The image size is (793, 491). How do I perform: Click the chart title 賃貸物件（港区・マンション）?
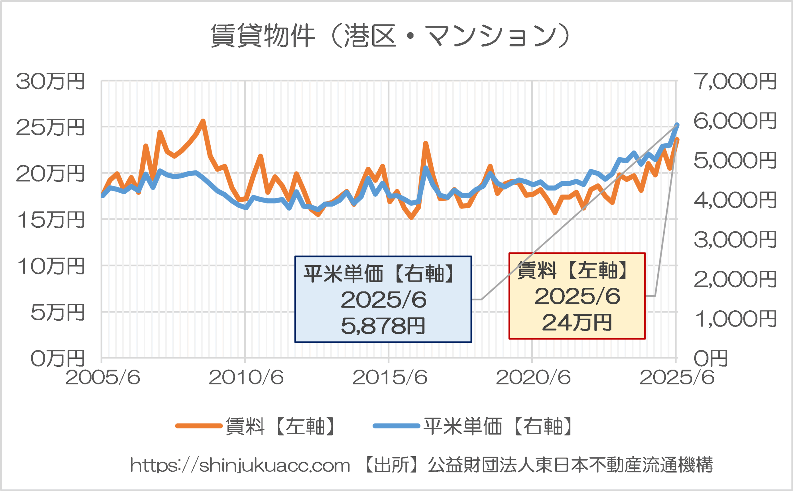[390, 36]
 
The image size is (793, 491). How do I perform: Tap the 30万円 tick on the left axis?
[50, 81]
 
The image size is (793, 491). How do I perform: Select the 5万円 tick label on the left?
[58, 313]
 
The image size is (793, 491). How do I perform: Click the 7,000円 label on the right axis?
[735, 81]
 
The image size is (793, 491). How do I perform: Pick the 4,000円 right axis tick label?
[735, 200]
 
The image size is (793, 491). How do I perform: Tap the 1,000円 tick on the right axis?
[735, 319]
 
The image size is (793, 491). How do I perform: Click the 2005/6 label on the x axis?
[103, 378]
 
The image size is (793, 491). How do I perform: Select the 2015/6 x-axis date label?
[390, 378]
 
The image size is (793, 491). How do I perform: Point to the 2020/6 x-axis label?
[533, 378]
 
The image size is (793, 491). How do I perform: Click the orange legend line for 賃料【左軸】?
[199, 426]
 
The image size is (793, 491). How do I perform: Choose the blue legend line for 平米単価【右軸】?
[396, 426]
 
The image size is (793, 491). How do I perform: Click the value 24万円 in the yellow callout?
[577, 323]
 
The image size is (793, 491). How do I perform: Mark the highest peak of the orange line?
[203, 121]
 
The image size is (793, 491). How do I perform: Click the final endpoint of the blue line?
[677, 125]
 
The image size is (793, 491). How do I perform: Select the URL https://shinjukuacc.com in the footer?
[240, 465]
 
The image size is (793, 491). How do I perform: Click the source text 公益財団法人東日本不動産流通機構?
[570, 465]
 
